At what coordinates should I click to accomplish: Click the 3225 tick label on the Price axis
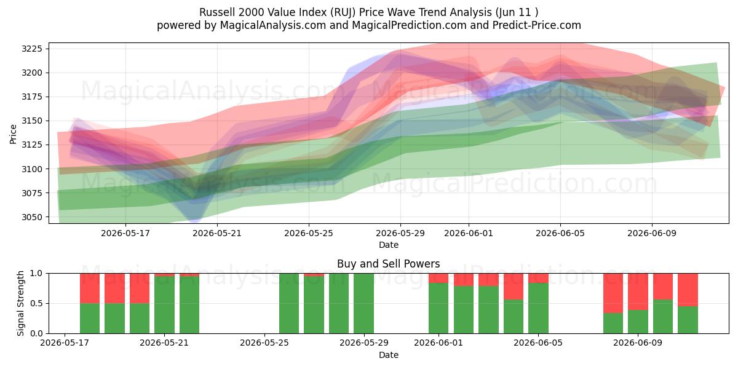(x=32, y=49)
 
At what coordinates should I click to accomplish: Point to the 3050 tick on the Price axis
(x=32, y=217)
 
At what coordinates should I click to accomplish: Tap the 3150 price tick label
(x=32, y=121)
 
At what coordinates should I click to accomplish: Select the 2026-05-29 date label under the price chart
(x=400, y=233)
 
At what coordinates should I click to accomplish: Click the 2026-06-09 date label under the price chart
(x=652, y=233)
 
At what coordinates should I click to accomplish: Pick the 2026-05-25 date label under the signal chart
(x=264, y=343)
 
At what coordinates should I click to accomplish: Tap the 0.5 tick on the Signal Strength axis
(x=36, y=303)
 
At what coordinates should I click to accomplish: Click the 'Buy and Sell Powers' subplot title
(x=389, y=264)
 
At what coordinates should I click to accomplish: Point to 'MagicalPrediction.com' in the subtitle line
(x=409, y=25)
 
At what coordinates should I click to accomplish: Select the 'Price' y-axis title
(x=13, y=134)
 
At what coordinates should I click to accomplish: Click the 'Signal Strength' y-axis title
(x=20, y=303)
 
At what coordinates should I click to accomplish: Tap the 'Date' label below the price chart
(x=389, y=245)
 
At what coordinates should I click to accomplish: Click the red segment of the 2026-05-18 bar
(x=90, y=288)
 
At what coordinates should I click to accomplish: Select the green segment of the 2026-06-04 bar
(x=514, y=317)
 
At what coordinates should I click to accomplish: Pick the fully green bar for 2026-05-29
(x=363, y=303)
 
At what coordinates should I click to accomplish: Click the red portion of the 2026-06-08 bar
(x=613, y=293)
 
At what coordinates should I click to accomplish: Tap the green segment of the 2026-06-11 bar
(x=688, y=320)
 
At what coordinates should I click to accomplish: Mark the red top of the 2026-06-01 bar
(x=438, y=278)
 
